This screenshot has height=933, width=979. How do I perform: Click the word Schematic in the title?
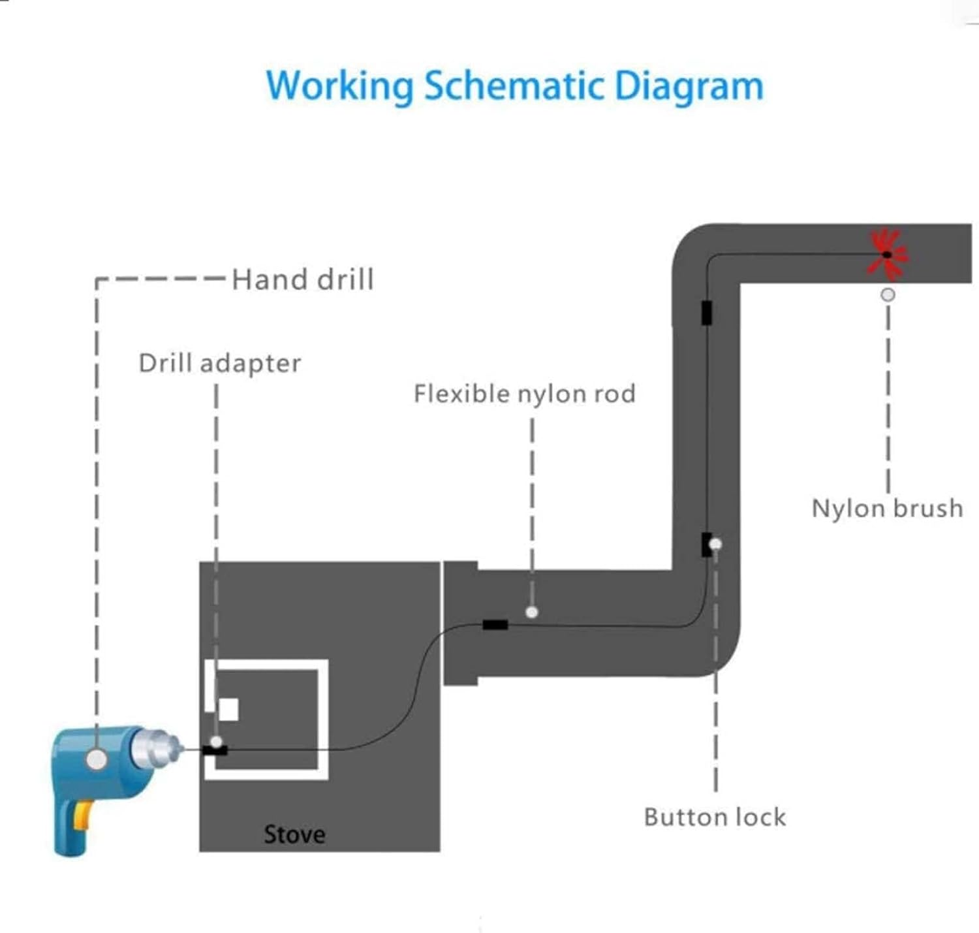coord(515,86)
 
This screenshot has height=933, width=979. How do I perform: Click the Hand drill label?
coord(303,279)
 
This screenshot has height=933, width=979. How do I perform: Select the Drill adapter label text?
coord(220,363)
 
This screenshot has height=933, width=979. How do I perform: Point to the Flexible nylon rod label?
coord(524,394)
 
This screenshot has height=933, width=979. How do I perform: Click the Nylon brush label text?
coord(887,508)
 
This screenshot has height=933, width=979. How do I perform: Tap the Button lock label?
coord(715,817)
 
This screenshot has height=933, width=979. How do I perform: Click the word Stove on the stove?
coord(294,834)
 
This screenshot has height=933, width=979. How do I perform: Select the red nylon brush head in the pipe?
coord(886,253)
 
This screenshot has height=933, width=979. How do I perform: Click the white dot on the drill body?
coord(97,759)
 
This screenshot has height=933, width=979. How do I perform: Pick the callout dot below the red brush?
coord(888,294)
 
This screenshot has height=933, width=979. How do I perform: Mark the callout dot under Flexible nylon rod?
coord(532,612)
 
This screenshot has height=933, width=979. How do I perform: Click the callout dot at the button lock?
coord(716,544)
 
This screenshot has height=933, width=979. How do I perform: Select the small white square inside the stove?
coord(228,709)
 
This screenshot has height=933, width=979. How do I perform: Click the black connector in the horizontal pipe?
coord(495,625)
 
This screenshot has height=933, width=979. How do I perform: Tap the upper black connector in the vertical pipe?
coord(706,312)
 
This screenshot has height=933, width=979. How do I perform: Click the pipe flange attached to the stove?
coord(461,623)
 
